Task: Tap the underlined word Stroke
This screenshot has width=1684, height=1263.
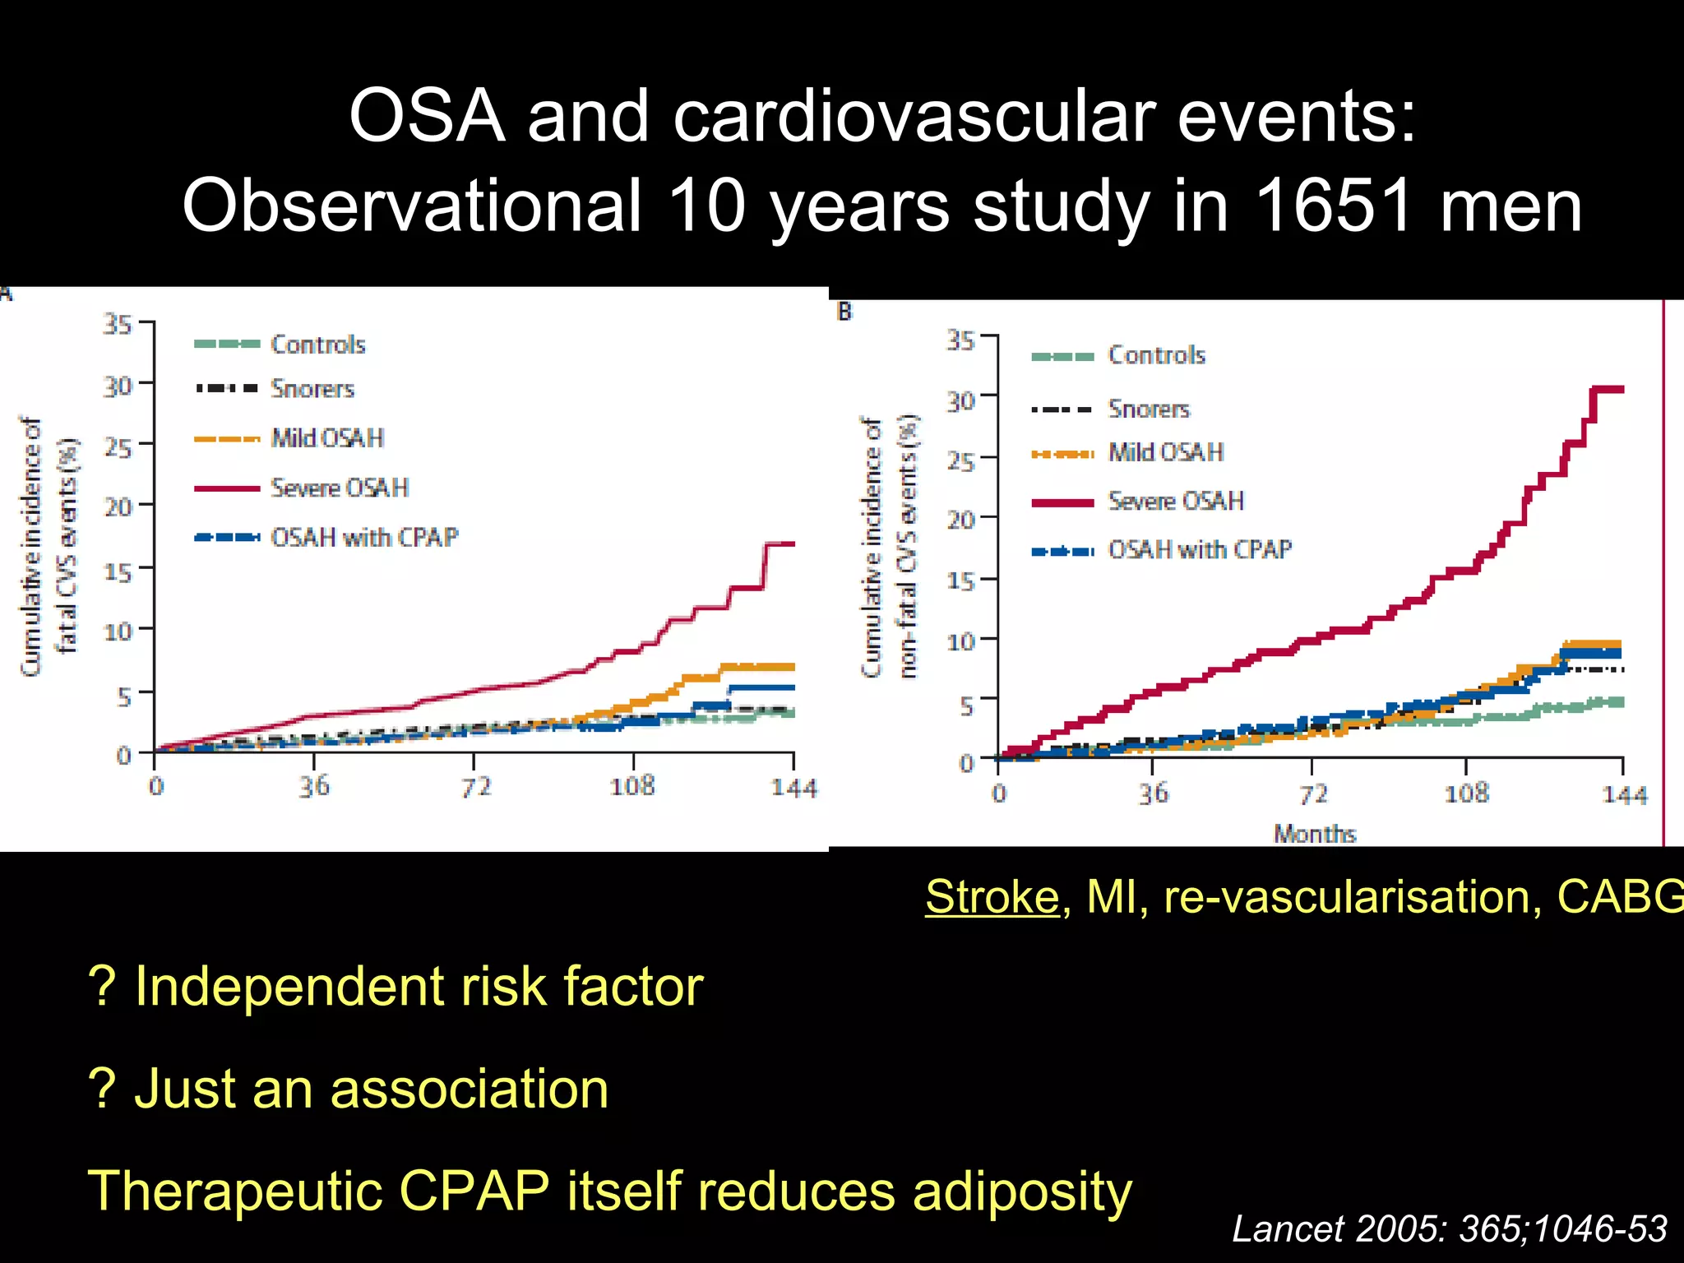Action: click(x=992, y=896)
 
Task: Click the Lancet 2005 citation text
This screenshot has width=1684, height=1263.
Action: click(x=1449, y=1229)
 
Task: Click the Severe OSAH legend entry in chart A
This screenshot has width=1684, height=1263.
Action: click(x=340, y=488)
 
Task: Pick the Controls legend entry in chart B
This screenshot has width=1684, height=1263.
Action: click(x=1156, y=355)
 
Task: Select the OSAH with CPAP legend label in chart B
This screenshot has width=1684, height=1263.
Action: click(x=1200, y=549)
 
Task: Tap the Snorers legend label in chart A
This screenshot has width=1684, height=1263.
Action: click(x=312, y=388)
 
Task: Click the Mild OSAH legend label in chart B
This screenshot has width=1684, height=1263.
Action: click(x=1165, y=452)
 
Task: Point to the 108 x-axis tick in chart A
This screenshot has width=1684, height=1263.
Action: click(x=631, y=787)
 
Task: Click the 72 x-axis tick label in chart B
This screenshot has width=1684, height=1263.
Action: click(x=1312, y=794)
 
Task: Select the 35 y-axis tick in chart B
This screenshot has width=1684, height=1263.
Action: click(x=960, y=340)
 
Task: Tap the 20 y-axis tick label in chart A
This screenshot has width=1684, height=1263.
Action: click(x=118, y=507)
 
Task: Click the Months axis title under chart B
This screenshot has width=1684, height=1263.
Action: click(x=1314, y=834)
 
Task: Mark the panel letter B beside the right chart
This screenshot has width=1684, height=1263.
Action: click(x=844, y=312)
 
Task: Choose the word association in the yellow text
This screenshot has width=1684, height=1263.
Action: click(x=470, y=1089)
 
